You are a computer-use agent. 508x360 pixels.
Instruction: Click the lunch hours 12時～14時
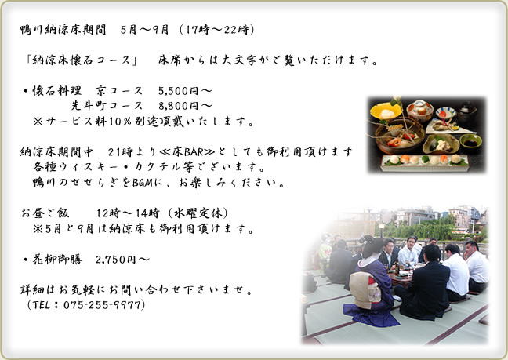pyautogui.click(x=128, y=213)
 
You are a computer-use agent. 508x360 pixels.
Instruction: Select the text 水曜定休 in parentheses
pyautogui.click(x=198, y=213)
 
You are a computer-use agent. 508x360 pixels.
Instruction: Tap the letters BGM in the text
pyautogui.click(x=143, y=183)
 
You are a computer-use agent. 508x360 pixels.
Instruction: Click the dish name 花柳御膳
pyautogui.click(x=57, y=260)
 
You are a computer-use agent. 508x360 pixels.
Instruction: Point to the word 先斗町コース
pyautogui.click(x=107, y=106)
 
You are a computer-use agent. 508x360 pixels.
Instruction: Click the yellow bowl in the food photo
pyautogui.click(x=386, y=111)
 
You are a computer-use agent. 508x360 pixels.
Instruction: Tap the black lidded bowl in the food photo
pyautogui.click(x=466, y=111)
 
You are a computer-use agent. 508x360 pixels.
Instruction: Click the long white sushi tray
pyautogui.click(x=425, y=162)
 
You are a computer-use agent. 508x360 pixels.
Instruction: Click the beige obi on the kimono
pyautogui.click(x=364, y=290)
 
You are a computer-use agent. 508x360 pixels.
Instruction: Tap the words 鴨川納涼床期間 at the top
pyautogui.click(x=63, y=30)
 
